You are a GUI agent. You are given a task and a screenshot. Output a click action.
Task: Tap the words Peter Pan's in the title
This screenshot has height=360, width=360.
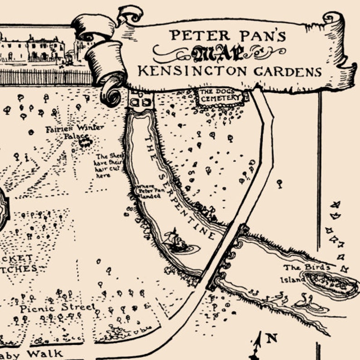228,35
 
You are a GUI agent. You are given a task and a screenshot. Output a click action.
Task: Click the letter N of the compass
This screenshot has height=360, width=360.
272,338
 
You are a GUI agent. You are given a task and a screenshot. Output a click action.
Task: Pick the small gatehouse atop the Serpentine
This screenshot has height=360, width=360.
141,99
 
